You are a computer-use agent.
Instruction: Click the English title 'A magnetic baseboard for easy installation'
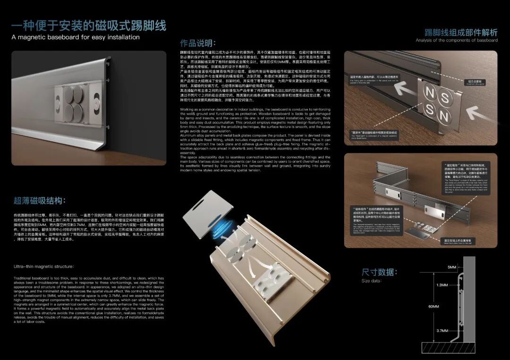pos(76,37)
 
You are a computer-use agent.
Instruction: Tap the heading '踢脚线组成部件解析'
pos(461,33)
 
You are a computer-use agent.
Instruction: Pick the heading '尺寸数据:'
pos(379,272)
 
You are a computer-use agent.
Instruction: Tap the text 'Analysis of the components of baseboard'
pos(457,41)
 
